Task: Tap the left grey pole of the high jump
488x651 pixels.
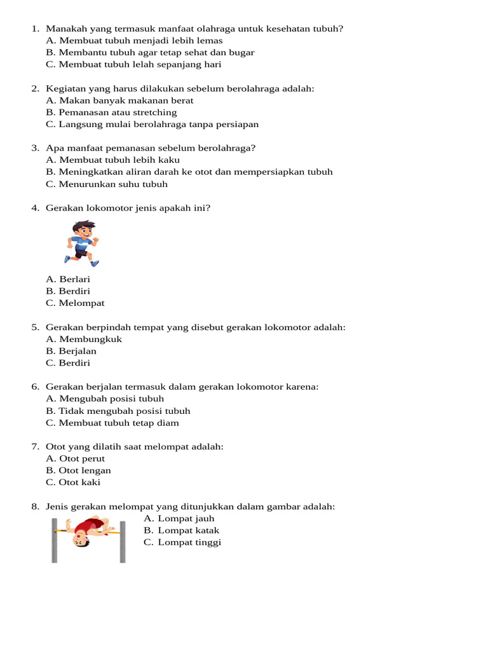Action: pyautogui.click(x=55, y=540)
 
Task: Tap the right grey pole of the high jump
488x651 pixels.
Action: pyautogui.click(x=123, y=540)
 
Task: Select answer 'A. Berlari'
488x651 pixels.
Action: pyautogui.click(x=68, y=279)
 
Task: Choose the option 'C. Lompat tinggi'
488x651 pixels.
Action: pyautogui.click(x=182, y=542)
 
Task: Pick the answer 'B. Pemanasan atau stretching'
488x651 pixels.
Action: pyautogui.click(x=111, y=113)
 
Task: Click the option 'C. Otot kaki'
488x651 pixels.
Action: pyautogui.click(x=73, y=483)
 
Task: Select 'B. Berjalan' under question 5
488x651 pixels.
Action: pyautogui.click(x=71, y=351)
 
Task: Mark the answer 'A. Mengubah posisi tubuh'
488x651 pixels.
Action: pyautogui.click(x=105, y=399)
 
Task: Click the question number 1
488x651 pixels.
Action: pyautogui.click(x=35, y=29)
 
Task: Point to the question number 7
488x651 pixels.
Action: pyautogui.click(x=35, y=447)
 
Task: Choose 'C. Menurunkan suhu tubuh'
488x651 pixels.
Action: pyautogui.click(x=107, y=184)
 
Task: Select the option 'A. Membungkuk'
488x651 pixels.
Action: pyautogui.click(x=84, y=339)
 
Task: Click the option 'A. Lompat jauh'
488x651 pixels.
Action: pyautogui.click(x=179, y=519)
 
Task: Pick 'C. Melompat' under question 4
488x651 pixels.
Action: pyautogui.click(x=75, y=303)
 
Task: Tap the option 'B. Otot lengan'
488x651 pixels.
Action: pyautogui.click(x=78, y=470)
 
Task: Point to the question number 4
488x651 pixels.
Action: pyautogui.click(x=35, y=208)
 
